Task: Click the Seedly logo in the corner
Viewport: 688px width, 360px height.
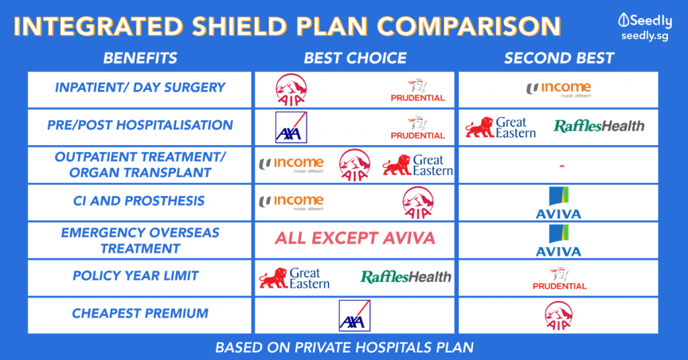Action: (x=644, y=26)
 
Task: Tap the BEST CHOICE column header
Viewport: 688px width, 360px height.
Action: (x=355, y=58)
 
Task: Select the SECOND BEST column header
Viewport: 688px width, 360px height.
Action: (x=558, y=58)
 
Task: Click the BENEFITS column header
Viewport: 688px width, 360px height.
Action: (x=140, y=58)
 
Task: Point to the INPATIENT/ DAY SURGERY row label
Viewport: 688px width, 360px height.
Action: (x=140, y=87)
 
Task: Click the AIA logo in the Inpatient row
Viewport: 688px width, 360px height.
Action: (x=291, y=90)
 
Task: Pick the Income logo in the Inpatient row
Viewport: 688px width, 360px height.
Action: (x=558, y=89)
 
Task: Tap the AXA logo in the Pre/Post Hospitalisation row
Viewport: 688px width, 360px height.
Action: (x=291, y=127)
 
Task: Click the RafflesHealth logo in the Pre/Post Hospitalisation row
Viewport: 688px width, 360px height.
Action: (x=599, y=126)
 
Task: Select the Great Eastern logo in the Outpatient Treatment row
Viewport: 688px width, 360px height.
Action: (x=417, y=165)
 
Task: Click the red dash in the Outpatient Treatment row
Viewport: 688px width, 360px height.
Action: (x=562, y=166)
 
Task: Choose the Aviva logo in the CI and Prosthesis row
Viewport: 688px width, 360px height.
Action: (x=558, y=203)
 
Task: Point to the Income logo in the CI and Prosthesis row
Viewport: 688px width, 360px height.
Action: (x=292, y=202)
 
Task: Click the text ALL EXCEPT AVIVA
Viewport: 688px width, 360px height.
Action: (x=355, y=238)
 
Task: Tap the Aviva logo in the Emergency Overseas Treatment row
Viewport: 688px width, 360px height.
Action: (x=558, y=240)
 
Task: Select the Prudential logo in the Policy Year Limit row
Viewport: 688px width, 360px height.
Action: (x=560, y=278)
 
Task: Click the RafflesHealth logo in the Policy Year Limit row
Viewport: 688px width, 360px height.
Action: (x=406, y=277)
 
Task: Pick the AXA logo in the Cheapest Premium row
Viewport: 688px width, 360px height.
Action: (x=355, y=316)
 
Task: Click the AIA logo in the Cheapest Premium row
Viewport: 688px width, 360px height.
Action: (x=558, y=316)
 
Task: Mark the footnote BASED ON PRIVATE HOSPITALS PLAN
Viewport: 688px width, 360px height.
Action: (x=345, y=348)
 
